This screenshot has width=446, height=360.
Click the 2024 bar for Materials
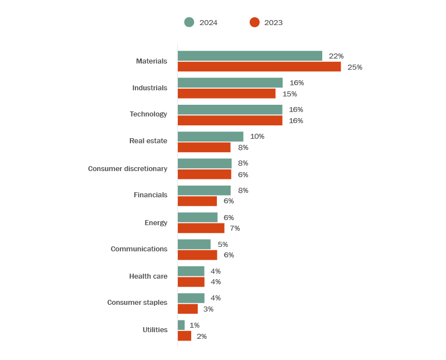(250, 56)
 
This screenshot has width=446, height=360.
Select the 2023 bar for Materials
(259, 67)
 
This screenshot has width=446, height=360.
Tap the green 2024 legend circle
(189, 22)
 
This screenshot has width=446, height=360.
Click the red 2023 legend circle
(254, 22)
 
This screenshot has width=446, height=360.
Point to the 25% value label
(355, 67)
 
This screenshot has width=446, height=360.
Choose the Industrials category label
(149, 87)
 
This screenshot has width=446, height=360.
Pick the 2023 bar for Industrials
(226, 94)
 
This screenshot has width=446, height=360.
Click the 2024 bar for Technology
(230, 110)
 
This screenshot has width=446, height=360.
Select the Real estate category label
(148, 141)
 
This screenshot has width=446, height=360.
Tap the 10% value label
(257, 137)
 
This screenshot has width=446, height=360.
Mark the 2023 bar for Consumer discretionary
(204, 174)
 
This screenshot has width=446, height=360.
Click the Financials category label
(151, 195)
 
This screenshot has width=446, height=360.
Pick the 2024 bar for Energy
(197, 217)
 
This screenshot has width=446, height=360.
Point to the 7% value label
(235, 228)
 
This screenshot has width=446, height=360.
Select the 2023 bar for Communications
(197, 255)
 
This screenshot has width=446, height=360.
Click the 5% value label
(222, 244)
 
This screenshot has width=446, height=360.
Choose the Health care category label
(148, 276)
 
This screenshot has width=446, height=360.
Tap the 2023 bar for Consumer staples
(187, 309)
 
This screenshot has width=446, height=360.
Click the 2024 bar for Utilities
(181, 325)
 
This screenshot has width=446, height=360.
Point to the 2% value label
(201, 336)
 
